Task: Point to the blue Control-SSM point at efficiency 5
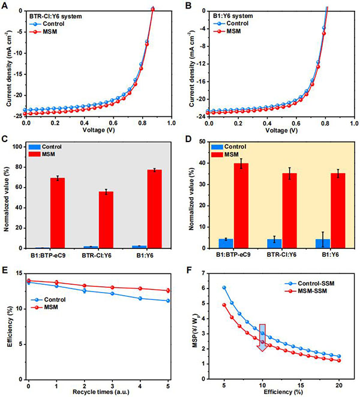click(224, 287)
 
